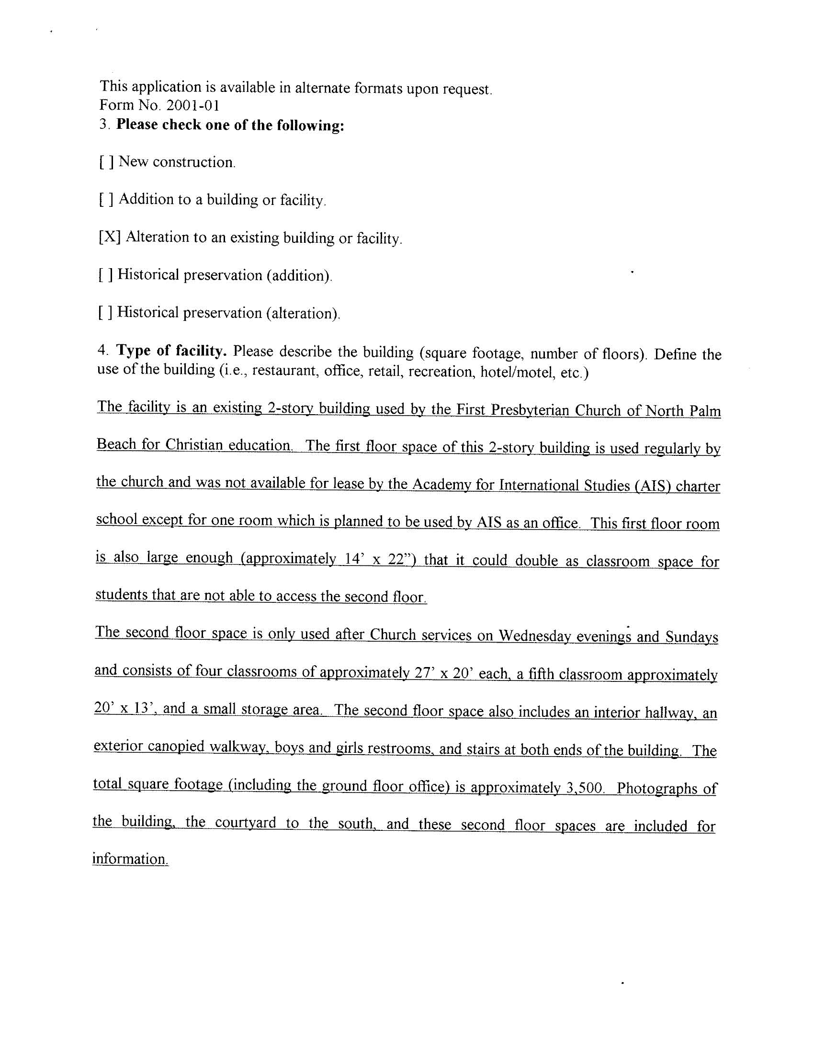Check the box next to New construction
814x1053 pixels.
point(107,162)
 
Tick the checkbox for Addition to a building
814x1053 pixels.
point(107,200)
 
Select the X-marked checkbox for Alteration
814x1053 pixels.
point(110,237)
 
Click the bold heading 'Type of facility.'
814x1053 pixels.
point(171,351)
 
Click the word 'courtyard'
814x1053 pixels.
point(246,823)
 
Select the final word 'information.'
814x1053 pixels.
point(130,859)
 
